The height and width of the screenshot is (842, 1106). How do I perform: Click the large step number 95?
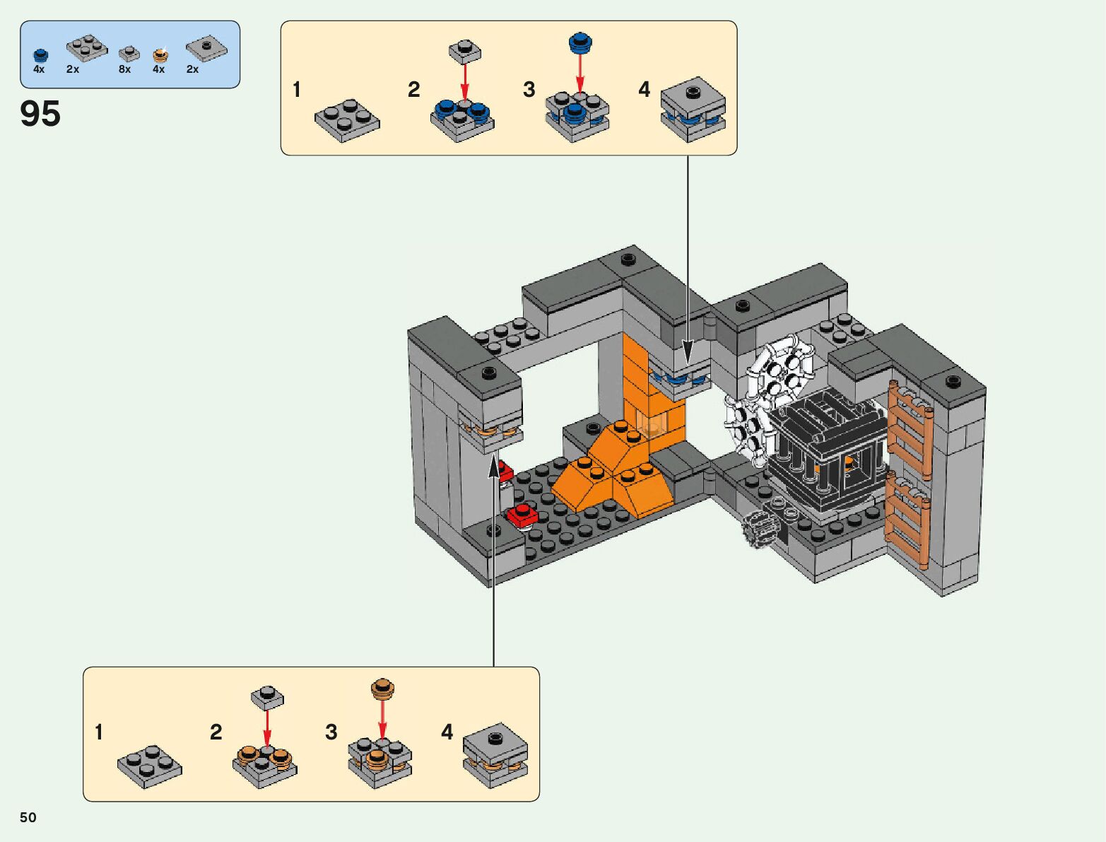40,113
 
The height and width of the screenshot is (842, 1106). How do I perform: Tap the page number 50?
28,817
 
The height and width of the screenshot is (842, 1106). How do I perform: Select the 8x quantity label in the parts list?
124,69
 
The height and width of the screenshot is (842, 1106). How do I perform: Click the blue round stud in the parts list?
41,55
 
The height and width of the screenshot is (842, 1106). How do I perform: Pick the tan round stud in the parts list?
160,55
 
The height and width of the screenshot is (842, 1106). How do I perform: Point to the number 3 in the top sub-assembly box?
529,90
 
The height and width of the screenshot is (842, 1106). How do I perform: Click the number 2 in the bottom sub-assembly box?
216,732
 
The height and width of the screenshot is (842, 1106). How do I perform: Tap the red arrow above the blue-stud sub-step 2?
465,81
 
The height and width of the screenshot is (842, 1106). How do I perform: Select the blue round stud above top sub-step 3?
580,43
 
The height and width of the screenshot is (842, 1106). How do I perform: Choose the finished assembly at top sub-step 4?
693,110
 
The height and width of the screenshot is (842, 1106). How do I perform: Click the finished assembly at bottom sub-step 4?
496,756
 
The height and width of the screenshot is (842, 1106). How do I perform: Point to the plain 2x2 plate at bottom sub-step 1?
150,766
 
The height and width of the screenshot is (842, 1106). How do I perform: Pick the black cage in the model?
826,452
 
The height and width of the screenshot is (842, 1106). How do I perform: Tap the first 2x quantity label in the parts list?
73,69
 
